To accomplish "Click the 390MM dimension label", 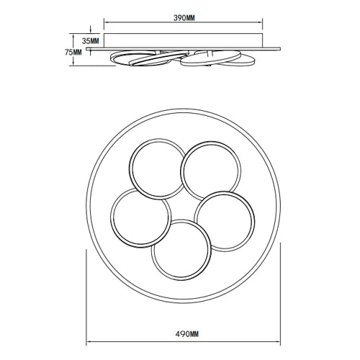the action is [184, 18].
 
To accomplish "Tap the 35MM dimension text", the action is [91, 41].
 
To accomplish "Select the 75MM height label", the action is [73, 52].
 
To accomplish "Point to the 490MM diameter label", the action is [187, 334].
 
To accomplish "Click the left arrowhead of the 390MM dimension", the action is [106, 22].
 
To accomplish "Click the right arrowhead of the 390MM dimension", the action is [261, 22].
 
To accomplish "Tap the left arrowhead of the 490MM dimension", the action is [89, 341].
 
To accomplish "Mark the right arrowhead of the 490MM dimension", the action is [278, 341].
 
